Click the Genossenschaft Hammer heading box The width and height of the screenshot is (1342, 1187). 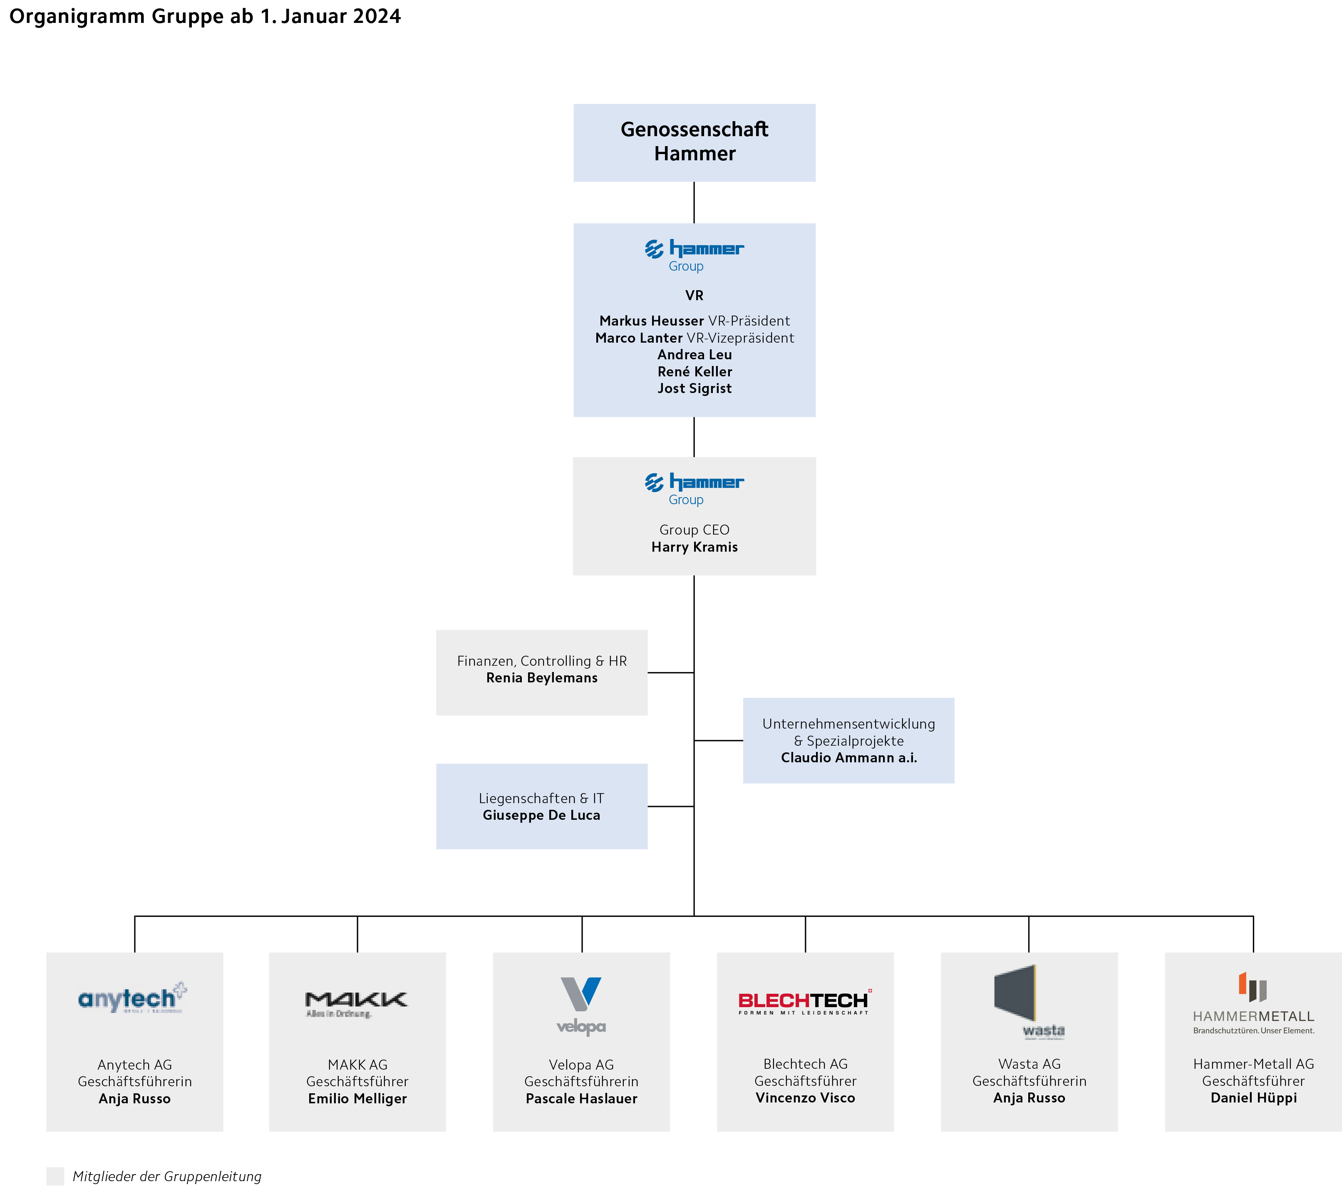[x=694, y=142]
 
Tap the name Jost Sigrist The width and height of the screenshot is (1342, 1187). [x=694, y=388]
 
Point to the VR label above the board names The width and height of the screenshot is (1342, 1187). [x=694, y=296]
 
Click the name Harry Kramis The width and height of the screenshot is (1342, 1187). [x=694, y=547]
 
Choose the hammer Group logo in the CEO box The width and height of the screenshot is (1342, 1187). [x=694, y=488]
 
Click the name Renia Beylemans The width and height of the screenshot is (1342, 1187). [x=542, y=678]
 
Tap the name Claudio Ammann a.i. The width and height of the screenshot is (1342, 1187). [x=848, y=757]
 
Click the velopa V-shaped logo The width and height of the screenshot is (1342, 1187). [x=581, y=995]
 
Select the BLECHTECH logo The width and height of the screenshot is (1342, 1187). [x=804, y=1001]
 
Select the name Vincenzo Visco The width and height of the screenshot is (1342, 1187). [x=805, y=1097]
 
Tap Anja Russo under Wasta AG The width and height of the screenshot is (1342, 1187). [x=1029, y=1097]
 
